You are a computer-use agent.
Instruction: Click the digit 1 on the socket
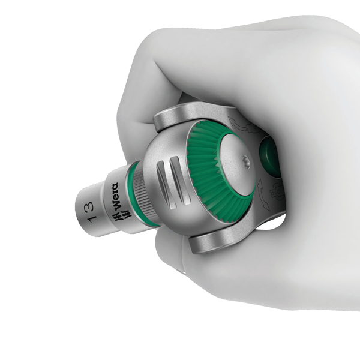pos(92,219)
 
